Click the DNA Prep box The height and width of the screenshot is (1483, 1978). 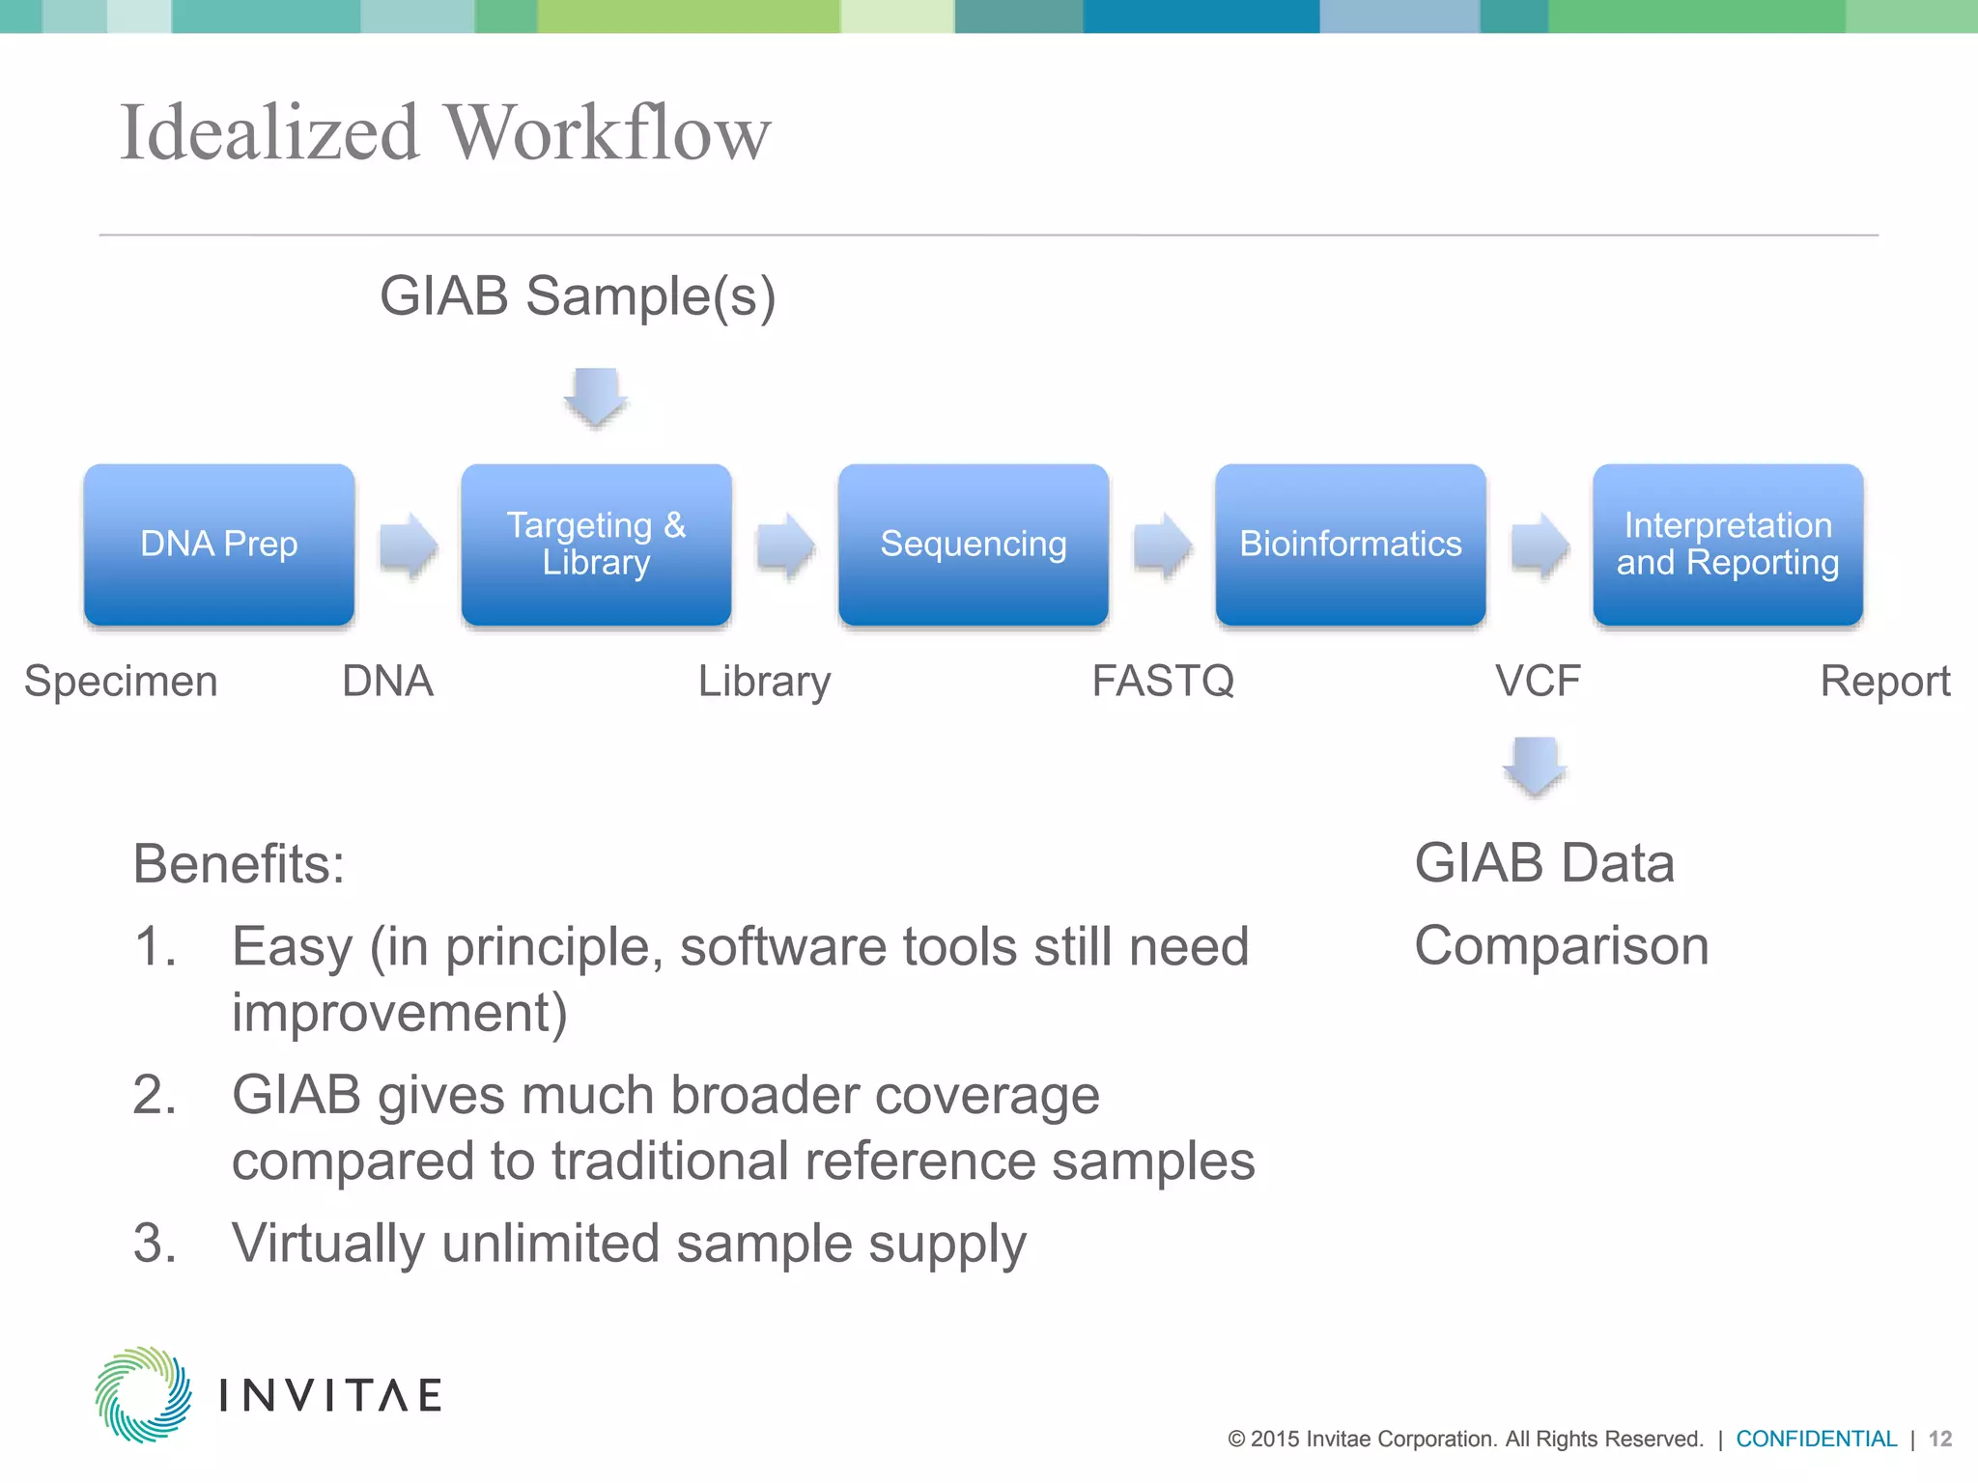tap(219, 545)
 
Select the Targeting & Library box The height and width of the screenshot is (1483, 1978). tap(596, 545)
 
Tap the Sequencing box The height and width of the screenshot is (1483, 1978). tap(973, 545)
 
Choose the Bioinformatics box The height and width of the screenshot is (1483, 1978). tap(1350, 545)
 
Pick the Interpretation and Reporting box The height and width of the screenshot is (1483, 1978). tap(1727, 545)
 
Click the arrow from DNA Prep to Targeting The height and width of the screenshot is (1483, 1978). tap(409, 546)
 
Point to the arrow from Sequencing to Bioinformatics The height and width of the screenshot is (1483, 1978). tap(1162, 546)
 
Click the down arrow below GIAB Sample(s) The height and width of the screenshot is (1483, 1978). tap(596, 397)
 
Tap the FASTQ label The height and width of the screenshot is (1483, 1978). tap(1163, 682)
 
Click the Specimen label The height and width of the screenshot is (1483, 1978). tap(121, 682)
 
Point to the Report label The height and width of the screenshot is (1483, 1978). tap(1884, 682)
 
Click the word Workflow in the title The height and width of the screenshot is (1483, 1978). tap(608, 133)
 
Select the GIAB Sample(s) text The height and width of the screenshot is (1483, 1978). tap(578, 296)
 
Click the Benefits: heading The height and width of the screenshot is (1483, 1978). tap(239, 863)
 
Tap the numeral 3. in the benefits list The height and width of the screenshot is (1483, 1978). tap(155, 1243)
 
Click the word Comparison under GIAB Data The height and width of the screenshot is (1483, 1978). tap(1561, 945)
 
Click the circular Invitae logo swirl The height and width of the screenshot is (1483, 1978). tap(143, 1394)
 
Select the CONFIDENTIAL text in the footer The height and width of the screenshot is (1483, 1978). tap(1816, 1439)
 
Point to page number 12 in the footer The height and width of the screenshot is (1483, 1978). tap(1939, 1439)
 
